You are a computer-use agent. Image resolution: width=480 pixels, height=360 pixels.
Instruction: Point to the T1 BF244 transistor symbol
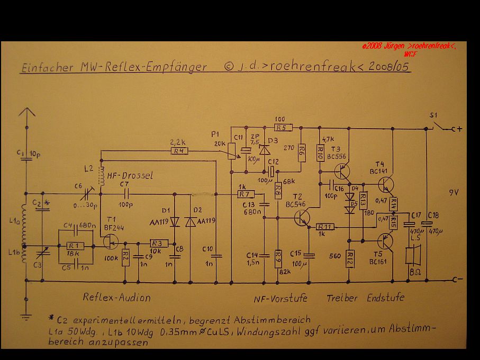[x=111, y=241]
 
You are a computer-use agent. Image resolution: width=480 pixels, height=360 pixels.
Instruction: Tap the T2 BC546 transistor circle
[x=302, y=218]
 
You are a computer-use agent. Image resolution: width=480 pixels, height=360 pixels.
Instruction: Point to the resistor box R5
[x=280, y=127]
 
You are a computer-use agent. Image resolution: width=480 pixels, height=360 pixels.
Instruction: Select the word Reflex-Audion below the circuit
[x=116, y=297]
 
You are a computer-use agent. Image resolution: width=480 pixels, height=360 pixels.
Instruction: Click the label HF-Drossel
[x=130, y=176]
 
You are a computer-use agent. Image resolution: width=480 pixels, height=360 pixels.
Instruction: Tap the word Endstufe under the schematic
[x=386, y=298]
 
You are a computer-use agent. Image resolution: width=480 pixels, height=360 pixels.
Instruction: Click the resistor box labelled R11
[x=326, y=227]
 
